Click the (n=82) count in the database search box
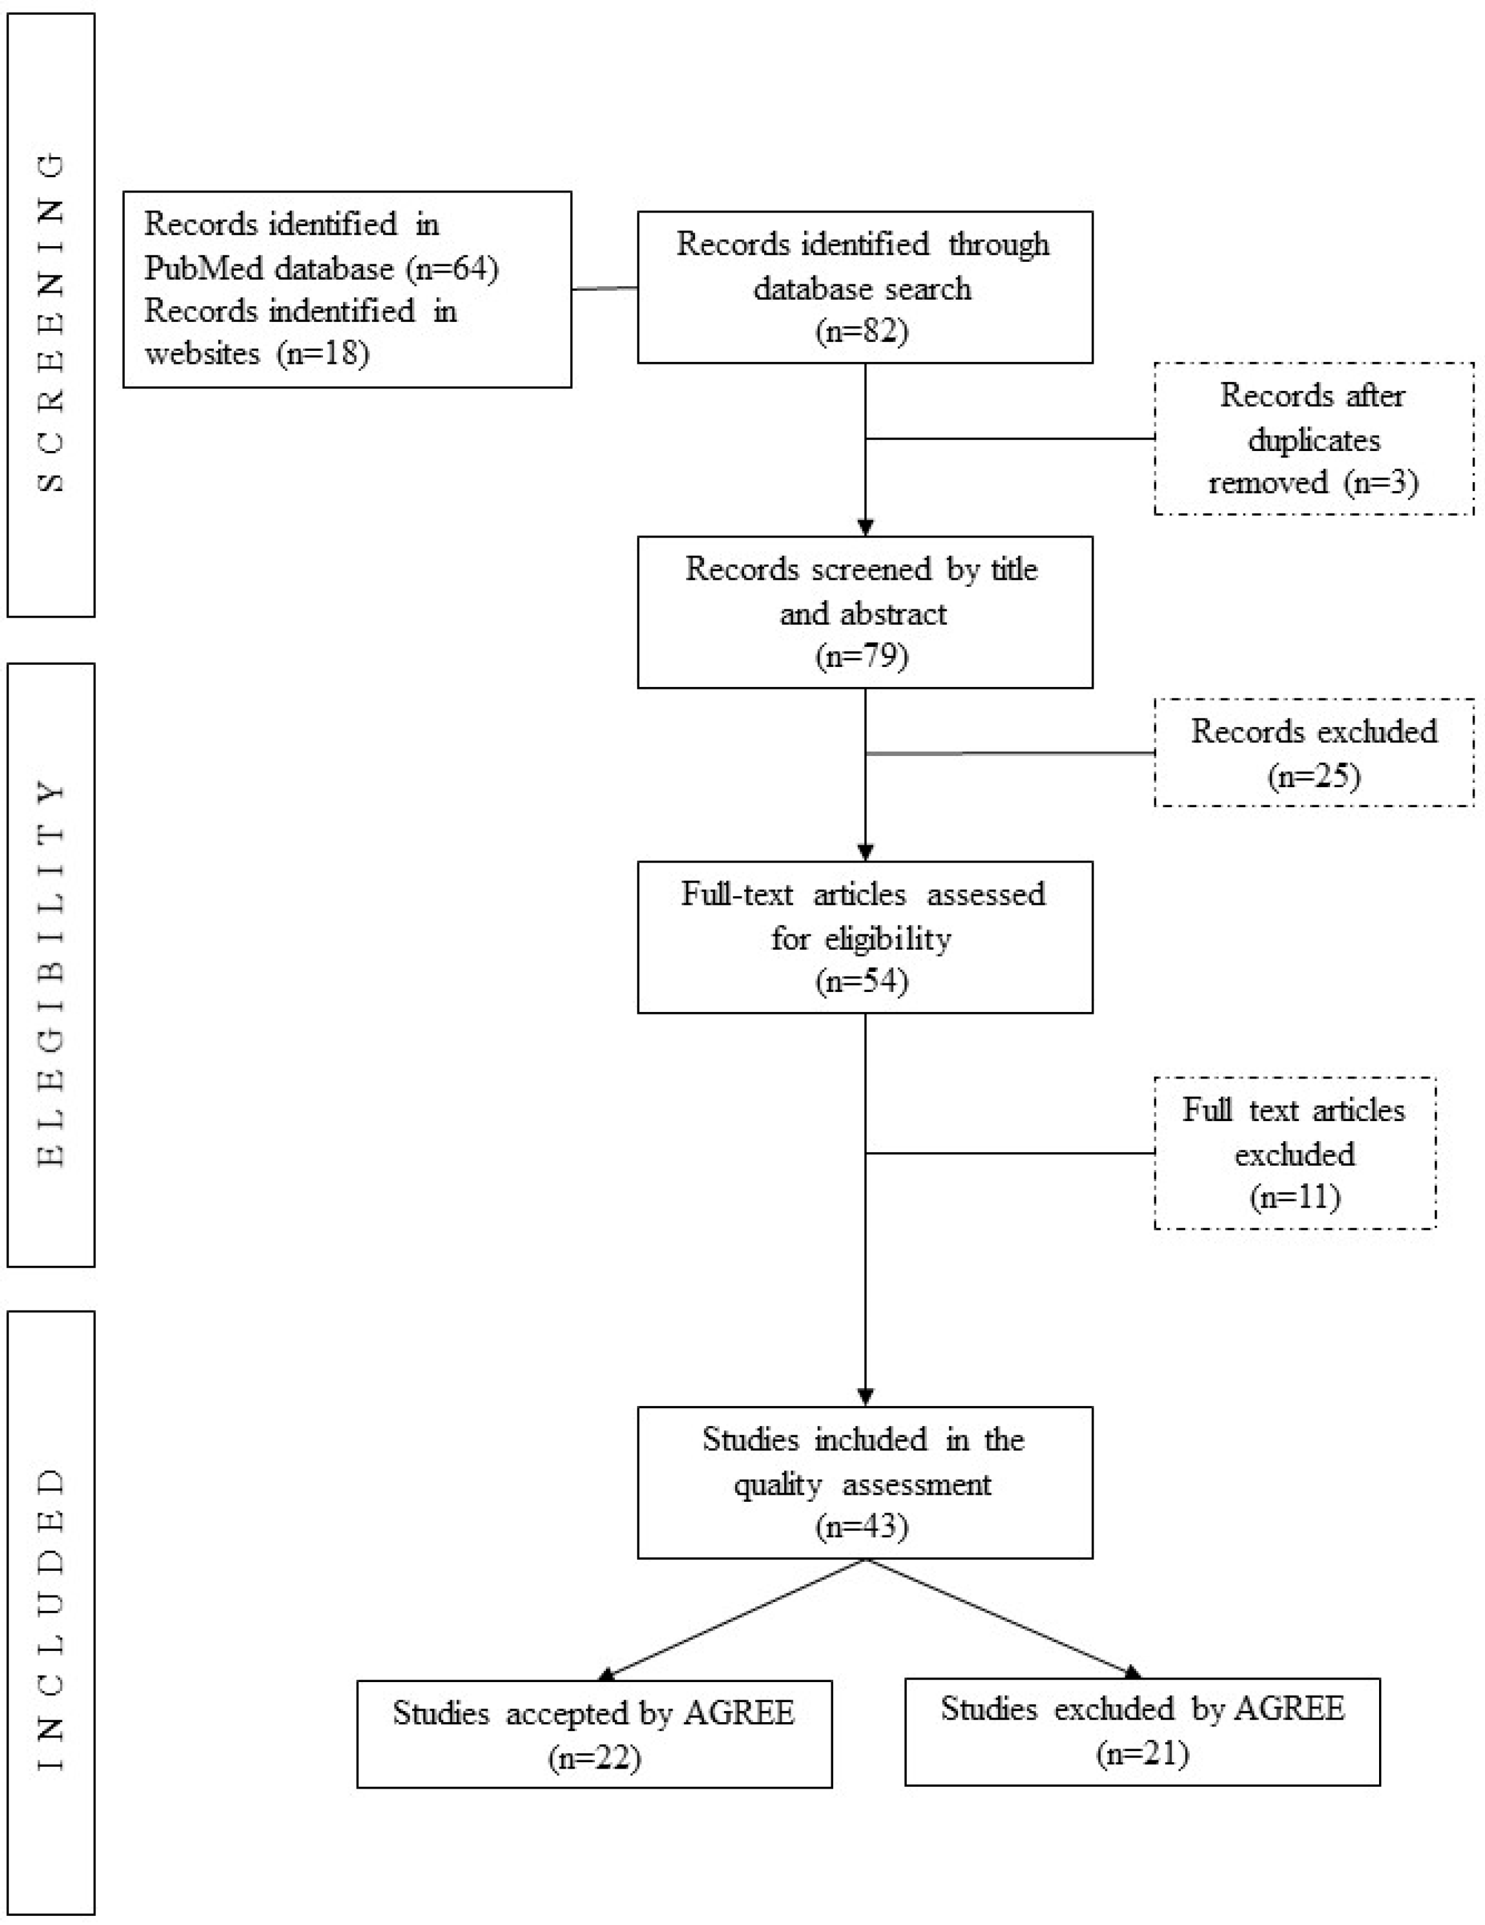point(862,331)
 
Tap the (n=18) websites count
point(322,353)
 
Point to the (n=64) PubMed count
point(452,268)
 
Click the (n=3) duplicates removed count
point(1381,482)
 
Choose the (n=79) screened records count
point(862,656)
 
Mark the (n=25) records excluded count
point(1314,775)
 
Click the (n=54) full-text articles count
point(862,981)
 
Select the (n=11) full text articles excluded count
point(1294,1196)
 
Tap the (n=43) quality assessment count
point(862,1526)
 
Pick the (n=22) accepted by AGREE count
point(594,1758)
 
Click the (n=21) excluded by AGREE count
point(1142,1753)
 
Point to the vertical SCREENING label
point(51,322)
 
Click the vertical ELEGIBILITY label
point(51,973)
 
